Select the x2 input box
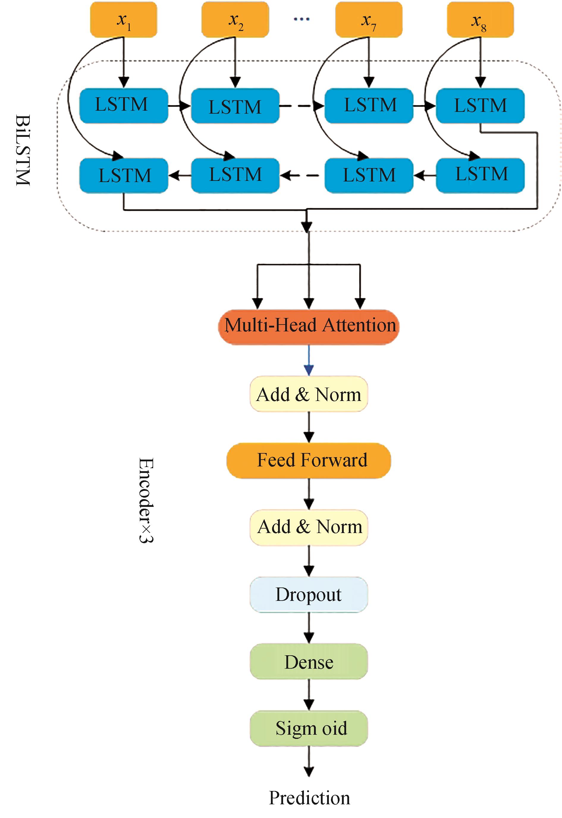[235, 20]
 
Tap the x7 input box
[368, 20]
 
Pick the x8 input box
[480, 20]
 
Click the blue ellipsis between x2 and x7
[302, 19]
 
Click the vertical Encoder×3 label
[146, 500]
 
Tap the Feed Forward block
[309, 460]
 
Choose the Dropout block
[309, 595]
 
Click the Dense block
[309, 662]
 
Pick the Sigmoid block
[309, 728]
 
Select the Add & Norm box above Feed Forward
[309, 394]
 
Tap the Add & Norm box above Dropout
[309, 527]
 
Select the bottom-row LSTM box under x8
[480, 175]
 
